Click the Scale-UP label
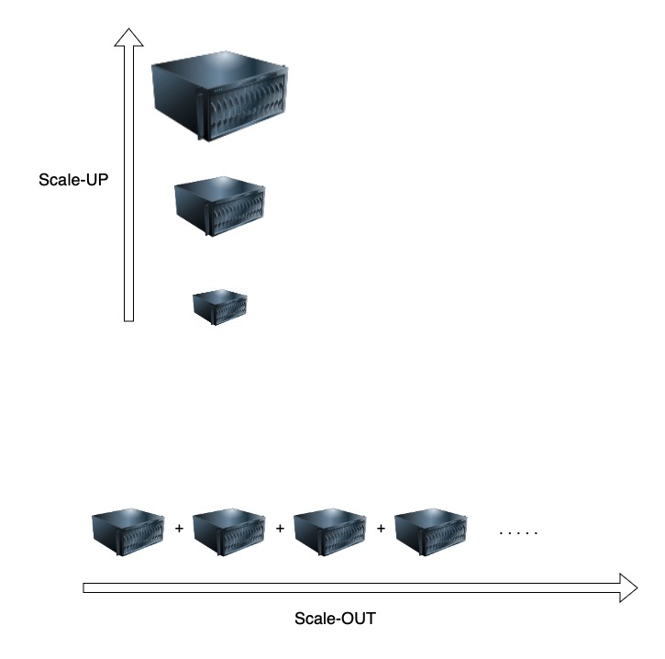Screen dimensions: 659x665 pyautogui.click(x=73, y=180)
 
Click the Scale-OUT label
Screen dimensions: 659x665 pyautogui.click(x=335, y=618)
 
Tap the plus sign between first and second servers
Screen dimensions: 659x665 pyautogui.click(x=179, y=530)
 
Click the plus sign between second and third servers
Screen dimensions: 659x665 pyautogui.click(x=280, y=530)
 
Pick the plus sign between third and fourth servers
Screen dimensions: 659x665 pyautogui.click(x=381, y=530)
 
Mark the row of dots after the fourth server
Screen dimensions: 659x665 pyautogui.click(x=518, y=532)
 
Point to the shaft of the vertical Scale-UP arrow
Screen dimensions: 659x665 pyautogui.click(x=129, y=184)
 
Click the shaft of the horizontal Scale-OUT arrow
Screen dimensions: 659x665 pyautogui.click(x=349, y=587)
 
